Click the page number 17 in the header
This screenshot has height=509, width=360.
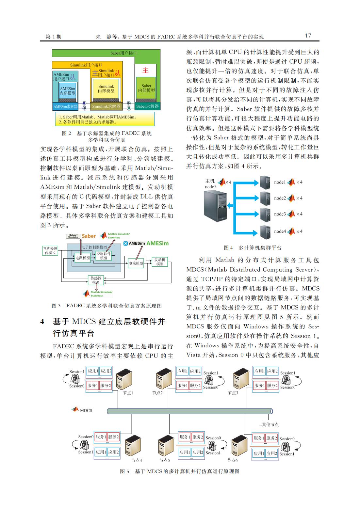click(x=308, y=36)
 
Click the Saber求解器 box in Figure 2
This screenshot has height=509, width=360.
click(x=147, y=106)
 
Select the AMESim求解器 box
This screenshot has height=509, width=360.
click(x=65, y=106)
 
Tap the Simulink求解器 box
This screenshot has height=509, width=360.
click(x=106, y=106)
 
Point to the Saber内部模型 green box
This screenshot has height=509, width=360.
click(x=146, y=88)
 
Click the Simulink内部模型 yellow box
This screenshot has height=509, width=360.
click(x=106, y=89)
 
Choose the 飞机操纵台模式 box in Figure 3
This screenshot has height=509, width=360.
click(x=50, y=251)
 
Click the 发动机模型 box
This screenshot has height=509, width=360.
click(x=160, y=262)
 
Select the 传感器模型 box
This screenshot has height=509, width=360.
click(x=96, y=280)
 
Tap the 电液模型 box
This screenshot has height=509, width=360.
click(x=136, y=263)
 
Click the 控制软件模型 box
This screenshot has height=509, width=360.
click(x=104, y=256)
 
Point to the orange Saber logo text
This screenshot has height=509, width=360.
click(x=89, y=236)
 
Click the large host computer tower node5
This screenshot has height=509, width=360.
click(x=215, y=206)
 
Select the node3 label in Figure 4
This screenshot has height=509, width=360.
click(x=280, y=214)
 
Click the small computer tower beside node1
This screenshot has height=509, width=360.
click(x=265, y=183)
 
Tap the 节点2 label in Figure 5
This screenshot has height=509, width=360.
click(x=157, y=393)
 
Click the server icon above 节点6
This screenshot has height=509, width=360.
click(x=239, y=446)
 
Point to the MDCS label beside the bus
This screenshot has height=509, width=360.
click(x=86, y=410)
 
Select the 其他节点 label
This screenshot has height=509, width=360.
click(x=269, y=424)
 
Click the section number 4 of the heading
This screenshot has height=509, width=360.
click(x=42, y=322)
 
